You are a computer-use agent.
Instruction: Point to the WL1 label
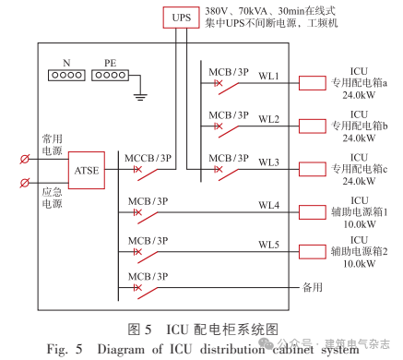[x=269, y=77]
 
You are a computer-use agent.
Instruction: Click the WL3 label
[x=269, y=162]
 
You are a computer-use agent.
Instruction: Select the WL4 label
[x=269, y=205]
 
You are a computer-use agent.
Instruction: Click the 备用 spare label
[x=314, y=288]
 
